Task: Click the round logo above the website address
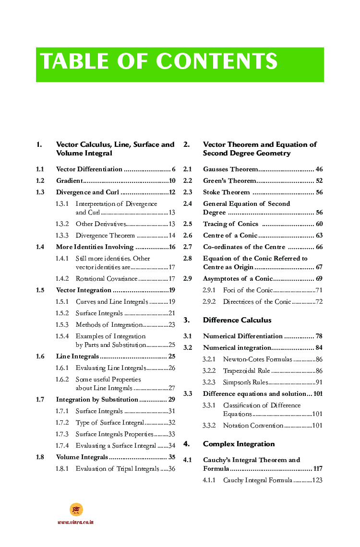click(x=76, y=510)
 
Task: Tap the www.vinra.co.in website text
click(x=75, y=522)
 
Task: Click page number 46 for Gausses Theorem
click(x=319, y=169)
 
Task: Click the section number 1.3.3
click(x=62, y=236)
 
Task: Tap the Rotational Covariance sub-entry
click(x=106, y=279)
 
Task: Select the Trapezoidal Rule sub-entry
click(x=246, y=371)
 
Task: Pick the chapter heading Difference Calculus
click(x=237, y=320)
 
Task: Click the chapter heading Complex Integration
click(x=239, y=444)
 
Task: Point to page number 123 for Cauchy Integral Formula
click(x=317, y=480)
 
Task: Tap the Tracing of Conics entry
click(x=230, y=224)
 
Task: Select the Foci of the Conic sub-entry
click(x=248, y=290)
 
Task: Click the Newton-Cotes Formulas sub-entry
click(x=257, y=359)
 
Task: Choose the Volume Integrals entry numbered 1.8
click(x=82, y=457)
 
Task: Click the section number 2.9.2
click(x=209, y=302)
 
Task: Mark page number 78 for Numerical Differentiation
click(x=319, y=336)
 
